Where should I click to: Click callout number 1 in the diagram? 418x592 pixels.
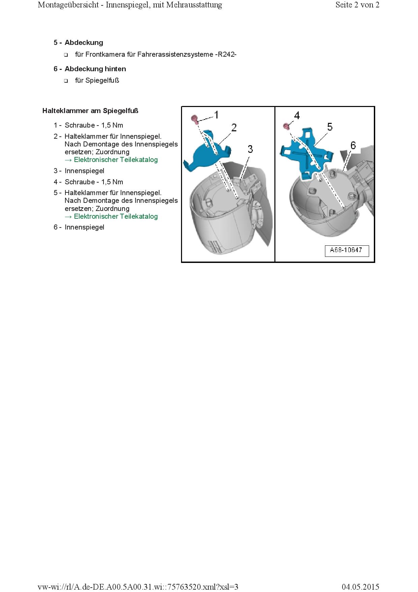(216, 115)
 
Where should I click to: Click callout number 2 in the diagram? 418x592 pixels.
(234, 128)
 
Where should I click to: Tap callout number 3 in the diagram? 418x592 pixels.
(250, 149)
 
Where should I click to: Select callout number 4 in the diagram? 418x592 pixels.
(297, 116)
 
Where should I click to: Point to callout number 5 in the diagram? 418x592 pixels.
(330, 127)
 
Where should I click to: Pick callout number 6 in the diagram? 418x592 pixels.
(353, 145)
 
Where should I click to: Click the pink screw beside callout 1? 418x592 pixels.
(195, 119)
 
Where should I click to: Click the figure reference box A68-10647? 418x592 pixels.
(347, 250)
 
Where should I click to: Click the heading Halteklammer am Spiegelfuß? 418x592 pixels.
(90, 111)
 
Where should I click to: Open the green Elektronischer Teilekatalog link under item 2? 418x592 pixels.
(116, 160)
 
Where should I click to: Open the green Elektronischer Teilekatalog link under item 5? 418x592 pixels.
(116, 216)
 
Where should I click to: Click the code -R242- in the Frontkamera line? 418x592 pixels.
(226, 54)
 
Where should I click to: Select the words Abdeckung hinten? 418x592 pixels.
(95, 69)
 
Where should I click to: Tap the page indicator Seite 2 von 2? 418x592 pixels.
(357, 5)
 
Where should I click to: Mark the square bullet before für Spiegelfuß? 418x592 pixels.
(66, 81)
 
